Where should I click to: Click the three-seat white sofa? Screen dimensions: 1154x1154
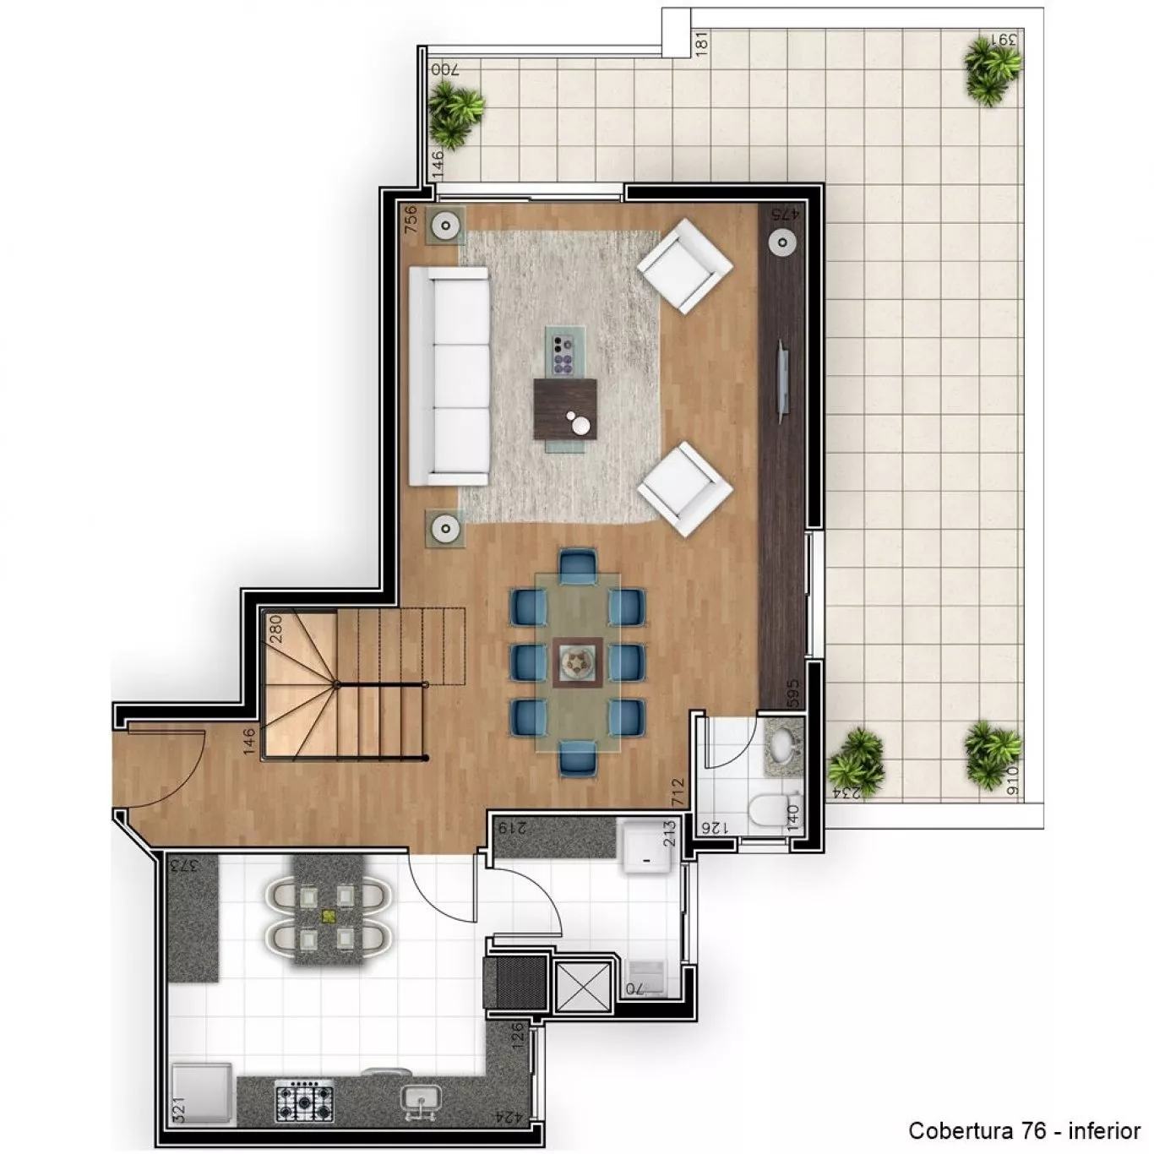pyautogui.click(x=449, y=376)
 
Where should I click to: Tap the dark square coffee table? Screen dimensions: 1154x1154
pyautogui.click(x=564, y=411)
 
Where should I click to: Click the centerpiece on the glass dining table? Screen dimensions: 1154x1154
pyautogui.click(x=577, y=663)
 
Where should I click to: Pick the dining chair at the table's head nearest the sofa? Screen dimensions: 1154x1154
pyautogui.click(x=578, y=566)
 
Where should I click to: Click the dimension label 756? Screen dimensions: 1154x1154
pyautogui.click(x=411, y=219)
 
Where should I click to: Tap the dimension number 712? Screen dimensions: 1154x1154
pyautogui.click(x=678, y=792)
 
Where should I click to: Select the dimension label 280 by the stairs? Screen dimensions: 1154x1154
pyautogui.click(x=276, y=629)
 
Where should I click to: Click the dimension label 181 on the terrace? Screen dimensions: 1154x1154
pyautogui.click(x=703, y=42)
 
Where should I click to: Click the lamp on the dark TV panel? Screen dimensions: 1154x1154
pyautogui.click(x=782, y=242)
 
